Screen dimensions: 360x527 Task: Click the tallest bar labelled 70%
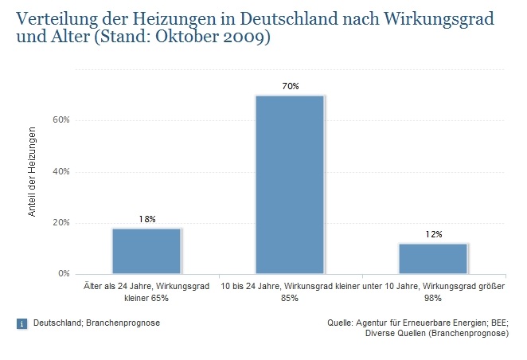click(289, 184)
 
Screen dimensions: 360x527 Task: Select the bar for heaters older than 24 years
click(146, 251)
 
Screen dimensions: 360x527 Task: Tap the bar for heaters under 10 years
click(433, 258)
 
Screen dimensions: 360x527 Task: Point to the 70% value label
click(289, 86)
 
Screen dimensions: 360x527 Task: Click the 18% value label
click(146, 219)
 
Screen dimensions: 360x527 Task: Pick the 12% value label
click(433, 234)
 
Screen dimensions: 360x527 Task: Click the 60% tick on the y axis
click(62, 120)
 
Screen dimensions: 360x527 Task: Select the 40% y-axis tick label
click(62, 171)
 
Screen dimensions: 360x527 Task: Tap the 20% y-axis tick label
click(62, 223)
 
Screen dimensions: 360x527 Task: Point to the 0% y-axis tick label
click(65, 274)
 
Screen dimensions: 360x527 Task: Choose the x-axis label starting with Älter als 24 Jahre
click(146, 291)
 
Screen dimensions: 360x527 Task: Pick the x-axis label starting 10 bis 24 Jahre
click(289, 291)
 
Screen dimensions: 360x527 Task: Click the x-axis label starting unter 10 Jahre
click(433, 291)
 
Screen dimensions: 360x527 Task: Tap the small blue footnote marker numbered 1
click(21, 323)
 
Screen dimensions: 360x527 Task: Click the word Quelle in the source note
click(341, 323)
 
